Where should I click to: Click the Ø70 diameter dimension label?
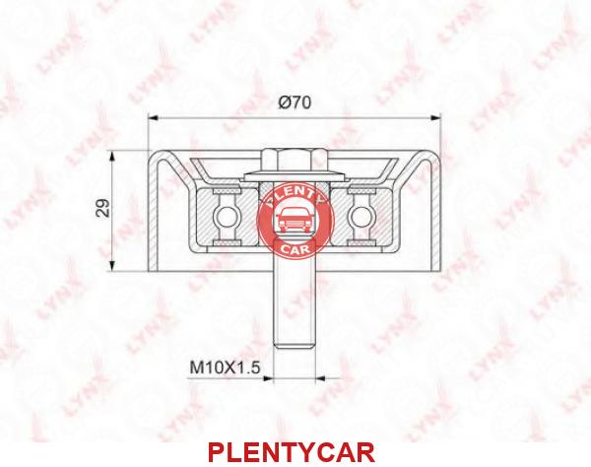coord(295,101)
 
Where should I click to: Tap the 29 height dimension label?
coord(102,207)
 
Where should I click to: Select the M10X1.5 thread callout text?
coord(225,367)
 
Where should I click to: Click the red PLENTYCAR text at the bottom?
coord(292,452)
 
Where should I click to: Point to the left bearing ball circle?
coord(226,218)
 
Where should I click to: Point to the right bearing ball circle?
coord(361,218)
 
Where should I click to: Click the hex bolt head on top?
coord(294,161)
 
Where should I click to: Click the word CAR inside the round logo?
coord(295,248)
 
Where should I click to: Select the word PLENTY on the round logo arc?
coord(295,194)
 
